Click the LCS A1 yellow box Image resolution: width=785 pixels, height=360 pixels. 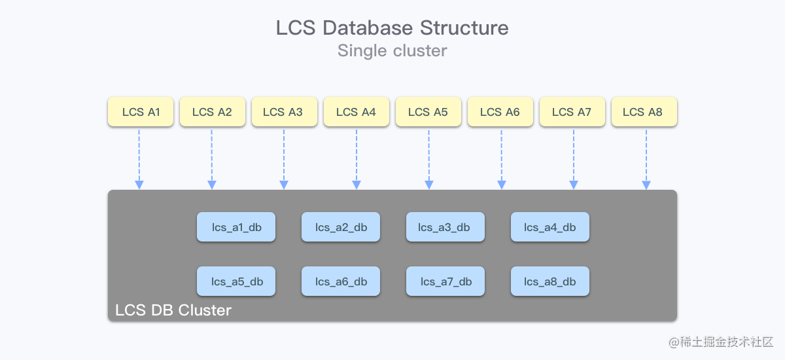(141, 112)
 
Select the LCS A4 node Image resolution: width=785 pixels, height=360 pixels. (357, 112)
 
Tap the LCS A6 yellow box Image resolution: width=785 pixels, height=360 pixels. (500, 112)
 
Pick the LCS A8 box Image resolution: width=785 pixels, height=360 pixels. (644, 112)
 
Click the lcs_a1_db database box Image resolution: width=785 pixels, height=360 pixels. (236, 227)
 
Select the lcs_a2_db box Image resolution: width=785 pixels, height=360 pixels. (341, 227)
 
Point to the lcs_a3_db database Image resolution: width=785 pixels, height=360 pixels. (445, 227)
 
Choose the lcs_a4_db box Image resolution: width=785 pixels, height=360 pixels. (550, 227)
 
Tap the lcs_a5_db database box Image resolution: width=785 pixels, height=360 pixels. (236, 281)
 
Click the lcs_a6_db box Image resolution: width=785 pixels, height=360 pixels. (341, 281)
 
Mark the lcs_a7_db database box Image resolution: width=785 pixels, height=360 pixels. (445, 281)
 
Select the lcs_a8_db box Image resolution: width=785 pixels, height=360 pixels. (550, 281)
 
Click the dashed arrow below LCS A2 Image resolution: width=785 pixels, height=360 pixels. (211, 157)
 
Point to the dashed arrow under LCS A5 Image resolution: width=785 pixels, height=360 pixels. (428, 157)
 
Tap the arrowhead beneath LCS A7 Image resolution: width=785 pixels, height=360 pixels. (574, 185)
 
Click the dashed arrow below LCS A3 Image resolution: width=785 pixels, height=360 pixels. (284, 157)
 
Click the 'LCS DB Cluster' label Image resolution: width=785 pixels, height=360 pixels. (173, 310)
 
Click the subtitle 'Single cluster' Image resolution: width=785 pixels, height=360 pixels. (392, 50)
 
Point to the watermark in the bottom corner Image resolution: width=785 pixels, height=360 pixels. (721, 342)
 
